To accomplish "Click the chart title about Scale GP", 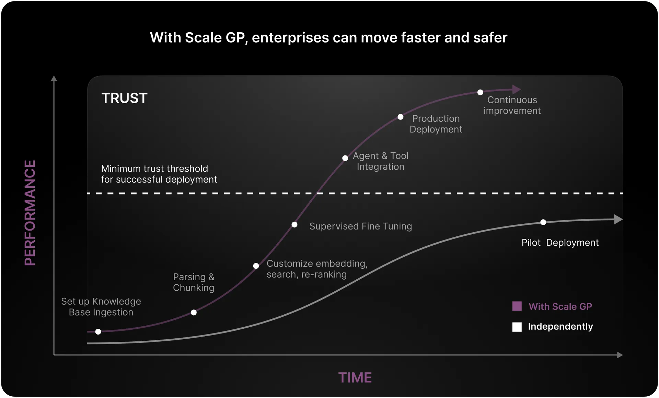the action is click(x=328, y=38).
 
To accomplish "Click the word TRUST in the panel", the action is click(x=125, y=98).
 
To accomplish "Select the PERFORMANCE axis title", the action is click(x=30, y=213).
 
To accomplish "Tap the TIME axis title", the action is click(x=355, y=377).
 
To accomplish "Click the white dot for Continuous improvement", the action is click(x=480, y=92).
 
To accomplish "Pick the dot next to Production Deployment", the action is click(x=400, y=117).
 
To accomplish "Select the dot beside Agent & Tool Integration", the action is click(x=345, y=158).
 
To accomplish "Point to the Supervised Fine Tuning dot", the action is click(x=294, y=225).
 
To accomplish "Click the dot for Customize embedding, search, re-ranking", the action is click(x=256, y=266).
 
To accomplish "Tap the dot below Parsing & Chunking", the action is click(x=194, y=313).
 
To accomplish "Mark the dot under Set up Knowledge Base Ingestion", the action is click(x=98, y=332).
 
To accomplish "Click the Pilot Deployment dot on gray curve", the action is click(x=543, y=222).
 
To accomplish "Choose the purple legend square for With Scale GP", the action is click(x=517, y=306).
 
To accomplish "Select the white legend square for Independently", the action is click(x=517, y=327).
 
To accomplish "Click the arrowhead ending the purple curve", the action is click(x=517, y=89).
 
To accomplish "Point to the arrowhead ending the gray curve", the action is click(x=618, y=219).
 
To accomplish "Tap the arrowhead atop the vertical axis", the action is click(x=54, y=79).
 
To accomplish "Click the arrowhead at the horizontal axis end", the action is click(x=620, y=355).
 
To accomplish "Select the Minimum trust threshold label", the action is click(x=159, y=174).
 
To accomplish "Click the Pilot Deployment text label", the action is click(x=560, y=243).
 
